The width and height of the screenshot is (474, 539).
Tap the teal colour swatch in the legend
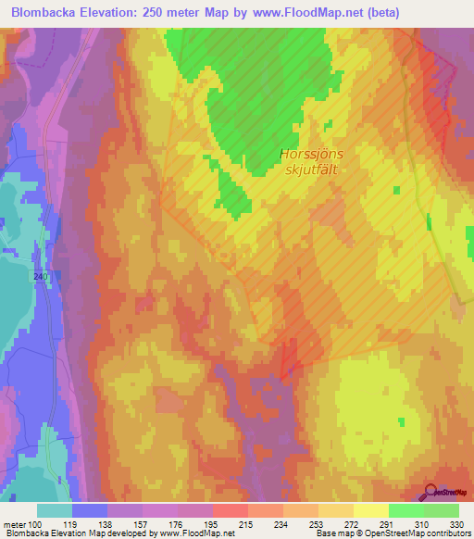(55, 510)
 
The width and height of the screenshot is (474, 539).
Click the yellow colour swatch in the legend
(370, 510)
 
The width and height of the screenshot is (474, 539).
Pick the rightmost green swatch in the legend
(442, 510)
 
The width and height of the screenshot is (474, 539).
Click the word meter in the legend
(15, 524)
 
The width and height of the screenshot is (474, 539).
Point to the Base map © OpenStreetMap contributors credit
(393, 534)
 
